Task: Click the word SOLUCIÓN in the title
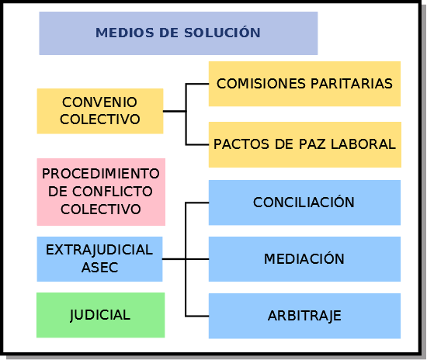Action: tap(222, 32)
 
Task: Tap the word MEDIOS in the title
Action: tap(125, 33)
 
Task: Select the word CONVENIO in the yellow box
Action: tap(99, 102)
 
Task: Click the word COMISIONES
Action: tap(261, 84)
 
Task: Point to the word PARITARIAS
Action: tap(352, 84)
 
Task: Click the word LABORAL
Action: tap(363, 144)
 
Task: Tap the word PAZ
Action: tap(312, 144)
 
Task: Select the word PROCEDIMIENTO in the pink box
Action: tap(101, 174)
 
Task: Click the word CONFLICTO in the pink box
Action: tap(113, 192)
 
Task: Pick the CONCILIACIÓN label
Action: tap(304, 202)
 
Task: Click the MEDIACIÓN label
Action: tap(304, 258)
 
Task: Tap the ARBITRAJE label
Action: tap(304, 316)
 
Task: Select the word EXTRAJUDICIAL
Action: tap(99, 250)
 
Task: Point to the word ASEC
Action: tap(99, 268)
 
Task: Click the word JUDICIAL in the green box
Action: tap(100, 315)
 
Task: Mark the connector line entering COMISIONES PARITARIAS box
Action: tap(197, 84)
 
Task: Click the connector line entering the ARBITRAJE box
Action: tap(197, 317)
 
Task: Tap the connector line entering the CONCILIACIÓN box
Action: tap(197, 202)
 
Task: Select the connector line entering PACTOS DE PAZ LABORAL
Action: tap(197, 145)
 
